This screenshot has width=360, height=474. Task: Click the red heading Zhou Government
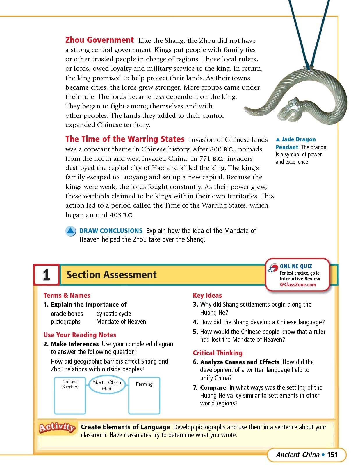click(x=99, y=40)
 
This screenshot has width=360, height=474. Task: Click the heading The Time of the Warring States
click(x=125, y=139)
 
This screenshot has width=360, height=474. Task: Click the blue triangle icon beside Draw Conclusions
click(x=71, y=231)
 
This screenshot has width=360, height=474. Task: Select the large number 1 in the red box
click(x=47, y=275)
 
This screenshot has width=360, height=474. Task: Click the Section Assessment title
click(x=111, y=275)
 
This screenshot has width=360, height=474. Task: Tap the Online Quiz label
click(x=296, y=266)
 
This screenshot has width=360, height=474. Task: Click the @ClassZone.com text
click(x=298, y=285)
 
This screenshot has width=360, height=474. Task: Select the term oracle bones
click(x=67, y=314)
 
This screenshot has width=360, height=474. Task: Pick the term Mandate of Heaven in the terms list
click(x=121, y=322)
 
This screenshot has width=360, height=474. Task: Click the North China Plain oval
click(x=107, y=385)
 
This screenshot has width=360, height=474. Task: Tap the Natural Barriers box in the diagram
click(x=70, y=395)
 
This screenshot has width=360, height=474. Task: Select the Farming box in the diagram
click(x=144, y=395)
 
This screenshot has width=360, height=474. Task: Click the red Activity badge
click(x=57, y=427)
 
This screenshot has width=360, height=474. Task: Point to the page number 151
click(x=332, y=455)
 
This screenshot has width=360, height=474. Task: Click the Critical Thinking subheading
click(x=218, y=353)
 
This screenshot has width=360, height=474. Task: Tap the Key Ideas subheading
click(x=207, y=296)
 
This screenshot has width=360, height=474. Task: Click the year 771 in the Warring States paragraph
click(x=205, y=159)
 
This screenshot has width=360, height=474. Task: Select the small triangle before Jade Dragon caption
click(x=278, y=139)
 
